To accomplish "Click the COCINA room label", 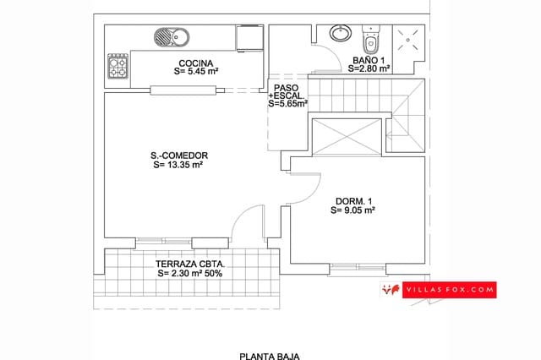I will tap(196, 63).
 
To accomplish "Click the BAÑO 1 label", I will tap(370, 60).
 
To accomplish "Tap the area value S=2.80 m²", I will tap(370, 68).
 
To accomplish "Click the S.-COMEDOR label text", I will tap(178, 155).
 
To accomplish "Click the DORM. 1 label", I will tap(352, 200).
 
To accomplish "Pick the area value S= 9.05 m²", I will tap(352, 210).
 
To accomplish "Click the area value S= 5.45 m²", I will tap(196, 72).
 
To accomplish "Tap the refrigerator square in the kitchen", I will tap(251, 38).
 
